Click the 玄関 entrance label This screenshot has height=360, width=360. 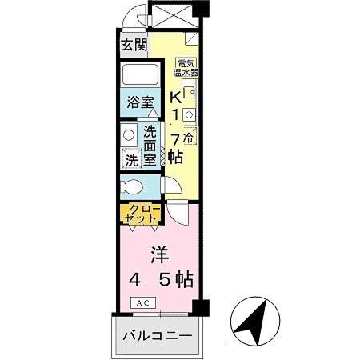pos(133,45)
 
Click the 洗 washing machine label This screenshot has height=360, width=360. pos(131,160)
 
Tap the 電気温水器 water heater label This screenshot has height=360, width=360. pos(187,66)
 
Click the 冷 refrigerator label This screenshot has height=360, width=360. pos(187,138)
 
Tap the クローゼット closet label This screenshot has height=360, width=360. pos(141,214)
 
